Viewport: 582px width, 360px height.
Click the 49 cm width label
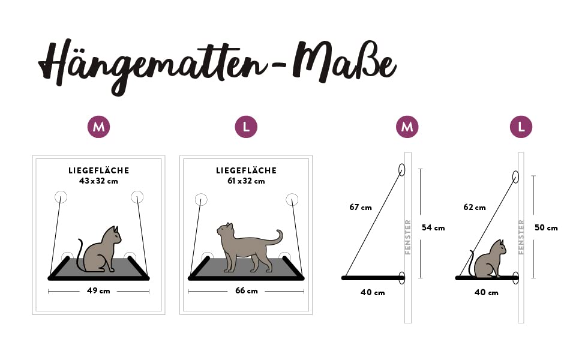(x=98, y=290)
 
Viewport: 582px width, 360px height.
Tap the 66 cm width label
(x=247, y=290)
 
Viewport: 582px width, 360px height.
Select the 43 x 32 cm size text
(x=98, y=181)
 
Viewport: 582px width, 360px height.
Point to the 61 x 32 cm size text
(x=246, y=181)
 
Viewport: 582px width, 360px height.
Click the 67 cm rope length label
(x=361, y=207)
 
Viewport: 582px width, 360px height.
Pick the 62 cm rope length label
(x=475, y=207)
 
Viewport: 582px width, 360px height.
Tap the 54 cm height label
(x=433, y=227)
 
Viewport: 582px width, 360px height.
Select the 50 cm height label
(x=546, y=227)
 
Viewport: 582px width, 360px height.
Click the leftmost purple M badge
(x=99, y=127)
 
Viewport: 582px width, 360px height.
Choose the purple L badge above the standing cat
(x=246, y=127)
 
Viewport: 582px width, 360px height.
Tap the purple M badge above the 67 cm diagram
(x=407, y=127)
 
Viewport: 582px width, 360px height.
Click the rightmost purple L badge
(x=521, y=127)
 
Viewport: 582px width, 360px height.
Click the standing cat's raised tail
(x=278, y=238)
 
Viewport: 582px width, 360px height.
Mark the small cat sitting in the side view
(x=487, y=259)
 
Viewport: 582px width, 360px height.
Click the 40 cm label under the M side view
(x=373, y=292)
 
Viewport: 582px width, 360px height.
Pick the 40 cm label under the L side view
(x=486, y=292)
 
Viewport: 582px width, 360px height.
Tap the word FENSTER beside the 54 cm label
(x=408, y=237)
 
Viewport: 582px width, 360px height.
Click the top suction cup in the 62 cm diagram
(x=515, y=177)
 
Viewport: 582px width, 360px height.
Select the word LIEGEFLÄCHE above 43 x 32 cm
(x=99, y=171)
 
